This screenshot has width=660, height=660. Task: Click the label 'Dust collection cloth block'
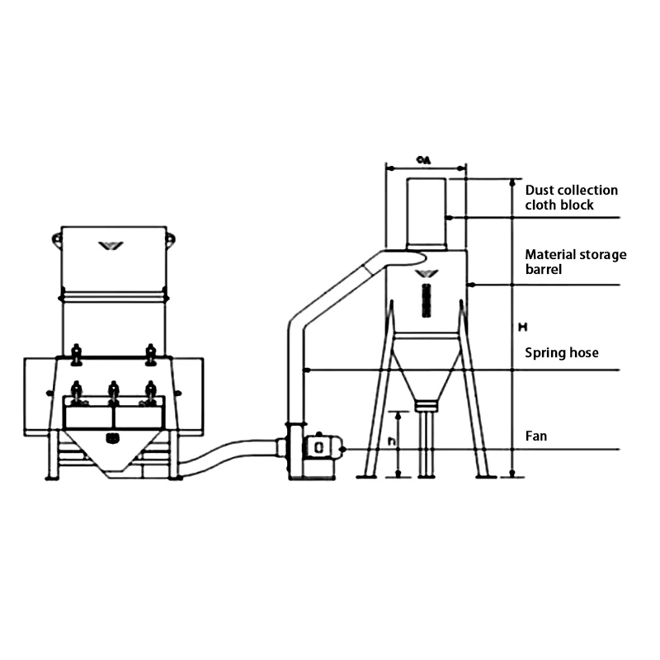[571, 197]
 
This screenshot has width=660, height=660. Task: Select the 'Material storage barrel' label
[576, 262]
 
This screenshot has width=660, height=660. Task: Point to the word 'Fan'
[536, 435]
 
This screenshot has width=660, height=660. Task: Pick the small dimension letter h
[393, 441]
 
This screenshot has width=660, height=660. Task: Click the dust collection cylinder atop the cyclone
[427, 213]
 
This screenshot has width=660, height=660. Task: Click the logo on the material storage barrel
[425, 273]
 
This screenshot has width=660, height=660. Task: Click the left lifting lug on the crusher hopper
[57, 240]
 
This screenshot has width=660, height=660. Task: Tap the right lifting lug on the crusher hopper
[170, 239]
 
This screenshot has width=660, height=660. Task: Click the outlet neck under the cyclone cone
[425, 406]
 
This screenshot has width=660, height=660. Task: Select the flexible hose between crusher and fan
[227, 458]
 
